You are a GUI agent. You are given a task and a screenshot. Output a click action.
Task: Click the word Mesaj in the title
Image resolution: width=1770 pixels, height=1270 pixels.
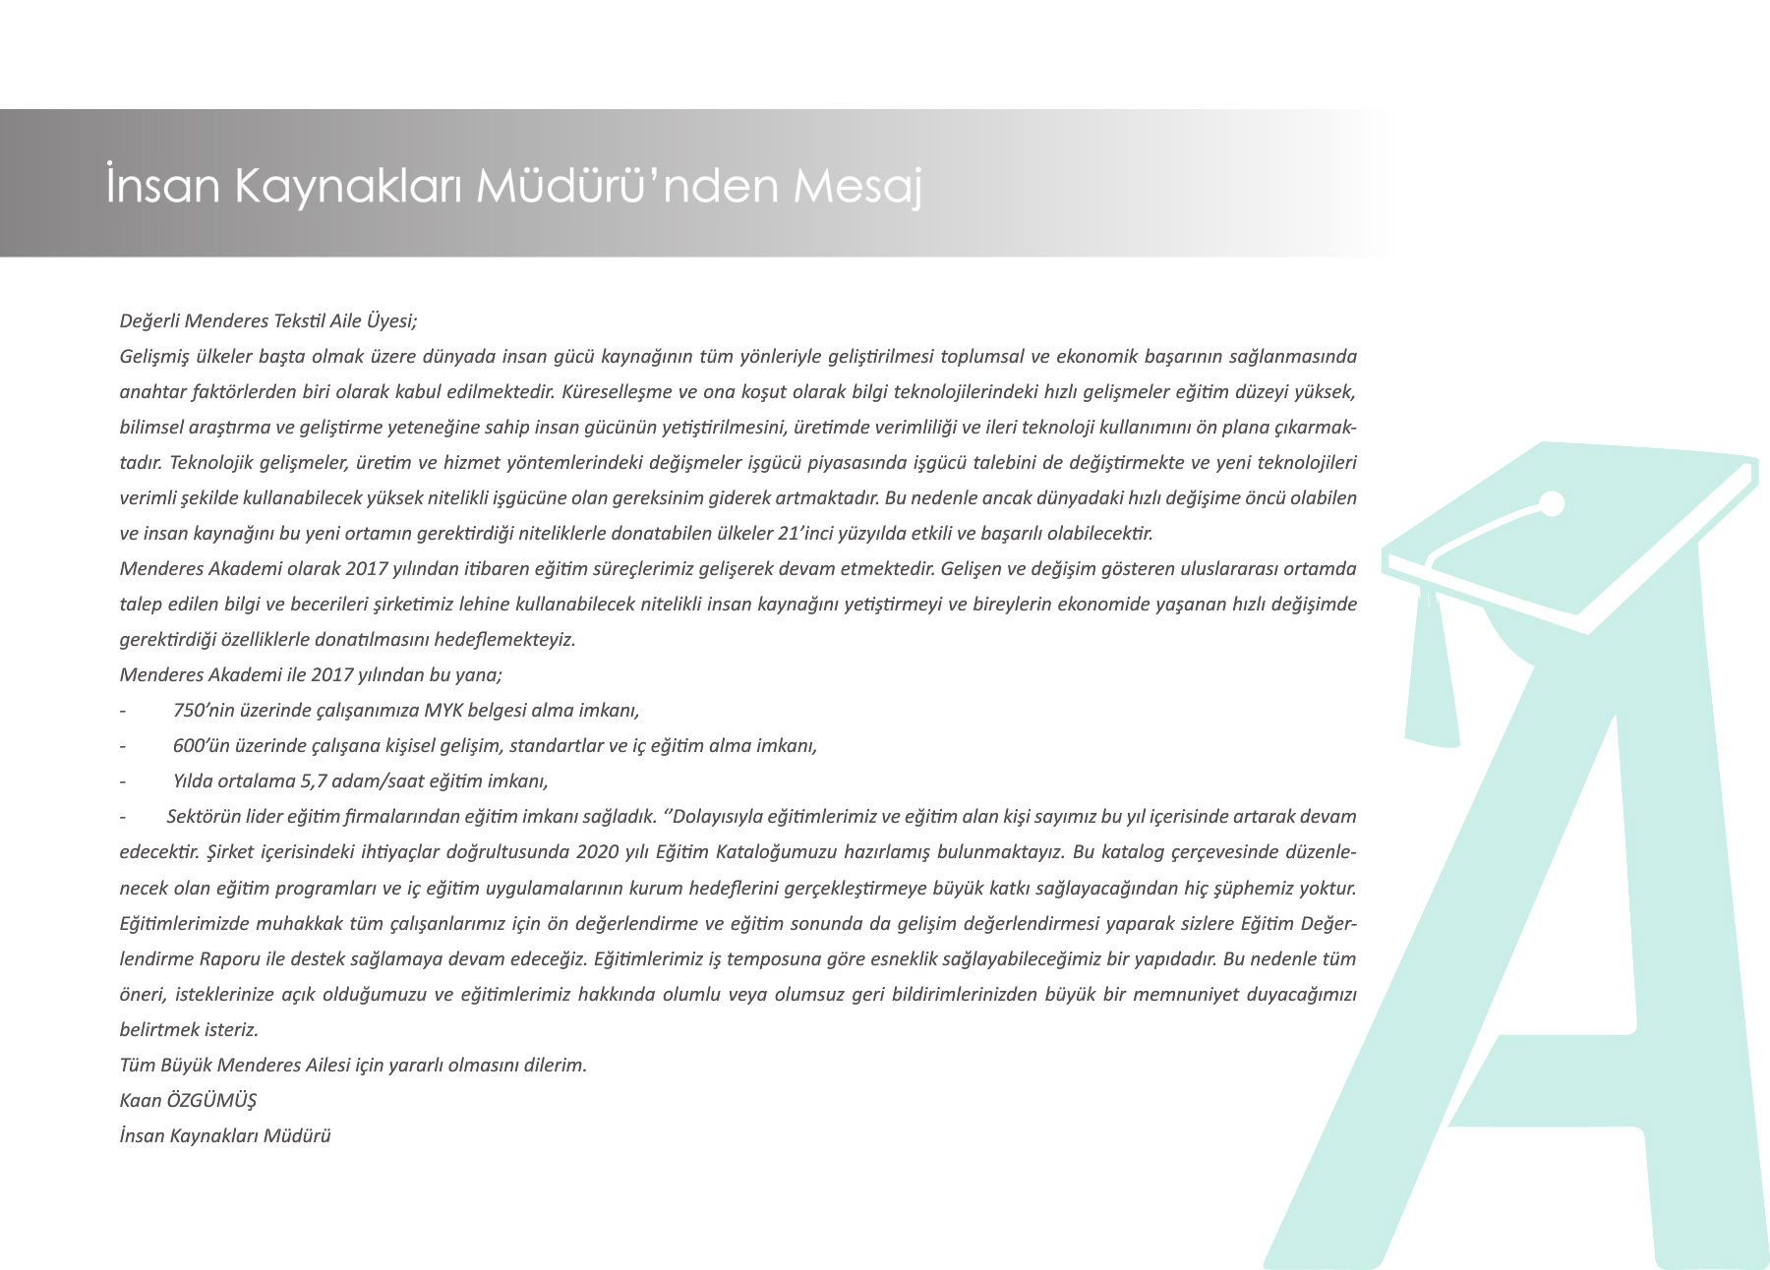coord(857,186)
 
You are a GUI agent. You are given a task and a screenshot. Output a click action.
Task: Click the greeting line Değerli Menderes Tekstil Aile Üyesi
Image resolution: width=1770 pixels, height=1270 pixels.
coord(268,320)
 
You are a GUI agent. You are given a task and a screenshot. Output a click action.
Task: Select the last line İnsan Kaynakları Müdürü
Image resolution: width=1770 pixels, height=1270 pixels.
coord(225,1135)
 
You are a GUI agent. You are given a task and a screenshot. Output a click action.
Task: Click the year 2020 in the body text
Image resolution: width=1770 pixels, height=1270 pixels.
coord(599,851)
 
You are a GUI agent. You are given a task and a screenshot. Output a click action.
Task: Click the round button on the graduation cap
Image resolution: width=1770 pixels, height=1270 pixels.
coord(1552,504)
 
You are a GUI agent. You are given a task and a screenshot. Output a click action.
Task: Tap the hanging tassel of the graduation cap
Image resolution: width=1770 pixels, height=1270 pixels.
coord(1431,668)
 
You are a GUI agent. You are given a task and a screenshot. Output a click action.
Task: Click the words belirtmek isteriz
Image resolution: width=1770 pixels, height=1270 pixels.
coord(189,1029)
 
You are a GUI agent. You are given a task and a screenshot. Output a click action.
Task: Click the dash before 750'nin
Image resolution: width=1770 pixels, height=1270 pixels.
coord(123,710)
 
